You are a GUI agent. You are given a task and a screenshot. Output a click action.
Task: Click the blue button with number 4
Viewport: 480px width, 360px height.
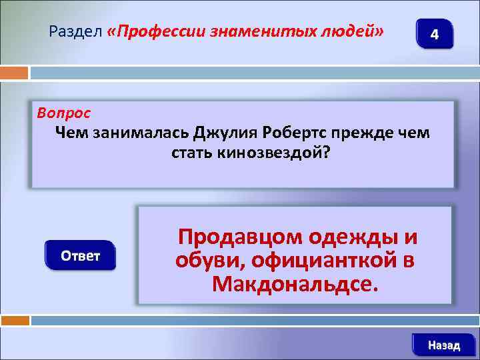(434, 34)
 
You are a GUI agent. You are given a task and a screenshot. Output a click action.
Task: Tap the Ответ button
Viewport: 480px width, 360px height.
(80, 256)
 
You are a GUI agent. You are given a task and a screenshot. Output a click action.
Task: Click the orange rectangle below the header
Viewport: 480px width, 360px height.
(15, 72)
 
